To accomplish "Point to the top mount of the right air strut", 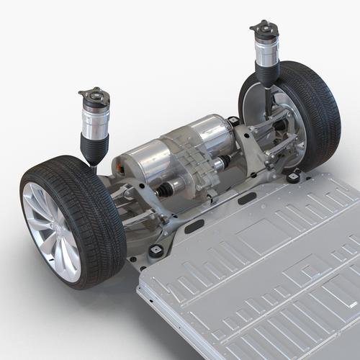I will (x=264, y=29).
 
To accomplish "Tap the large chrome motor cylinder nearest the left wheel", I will (x=144, y=162).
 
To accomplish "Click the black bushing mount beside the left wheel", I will (x=155, y=251).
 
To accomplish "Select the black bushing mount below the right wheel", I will (x=294, y=177).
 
